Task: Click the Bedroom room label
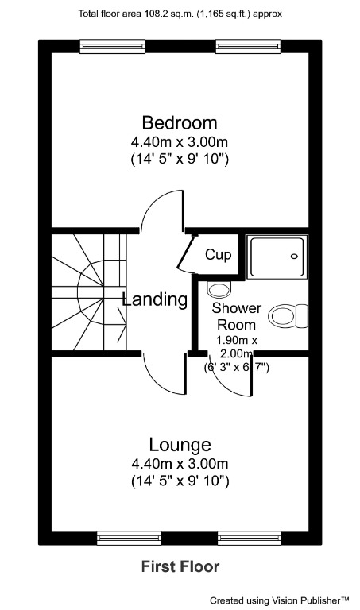click(179, 123)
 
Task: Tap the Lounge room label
click(179, 444)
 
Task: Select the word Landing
click(155, 300)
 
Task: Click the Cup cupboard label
click(218, 255)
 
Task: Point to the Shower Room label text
click(237, 316)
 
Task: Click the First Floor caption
click(180, 566)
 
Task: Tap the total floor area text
click(180, 14)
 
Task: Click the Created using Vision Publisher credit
click(280, 600)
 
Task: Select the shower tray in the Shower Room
click(276, 257)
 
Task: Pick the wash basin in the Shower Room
click(217, 287)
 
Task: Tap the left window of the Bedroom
click(112, 47)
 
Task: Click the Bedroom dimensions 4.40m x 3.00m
click(179, 142)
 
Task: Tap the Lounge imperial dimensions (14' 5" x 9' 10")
click(179, 481)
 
